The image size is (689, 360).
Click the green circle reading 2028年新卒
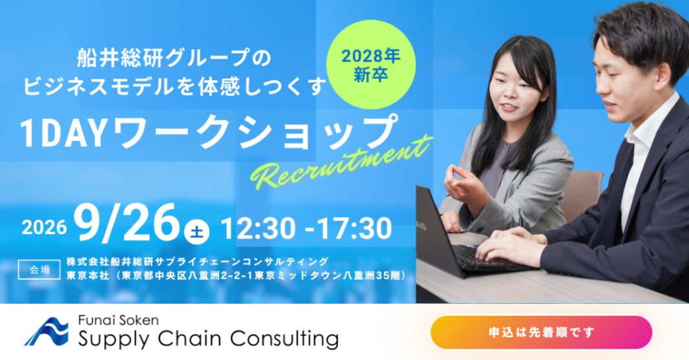[x=371, y=64]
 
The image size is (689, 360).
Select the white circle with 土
[x=196, y=231]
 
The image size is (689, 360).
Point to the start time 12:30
[x=259, y=229]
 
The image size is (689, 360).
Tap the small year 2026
[x=44, y=228]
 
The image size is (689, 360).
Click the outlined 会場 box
[x=39, y=270]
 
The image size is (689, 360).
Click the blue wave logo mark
[x=47, y=332]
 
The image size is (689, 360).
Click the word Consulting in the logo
[x=284, y=339]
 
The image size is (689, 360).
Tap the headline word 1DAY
[x=64, y=132]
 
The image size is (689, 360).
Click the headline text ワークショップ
[x=256, y=132]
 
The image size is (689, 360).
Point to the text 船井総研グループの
[x=175, y=58]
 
